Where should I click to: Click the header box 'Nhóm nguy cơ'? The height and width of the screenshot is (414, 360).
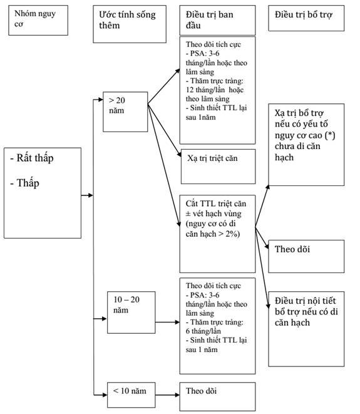38,20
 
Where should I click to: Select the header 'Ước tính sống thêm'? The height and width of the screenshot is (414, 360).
130,24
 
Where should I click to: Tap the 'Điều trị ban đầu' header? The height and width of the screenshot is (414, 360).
217,20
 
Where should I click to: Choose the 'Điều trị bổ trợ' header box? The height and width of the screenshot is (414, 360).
306,18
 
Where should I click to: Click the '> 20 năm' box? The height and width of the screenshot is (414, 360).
125,112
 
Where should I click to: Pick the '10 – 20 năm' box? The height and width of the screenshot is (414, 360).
131,313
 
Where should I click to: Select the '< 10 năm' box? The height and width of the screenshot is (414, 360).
131,395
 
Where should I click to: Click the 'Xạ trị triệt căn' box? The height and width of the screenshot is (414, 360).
219,167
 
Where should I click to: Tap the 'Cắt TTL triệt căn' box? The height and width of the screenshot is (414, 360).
217,234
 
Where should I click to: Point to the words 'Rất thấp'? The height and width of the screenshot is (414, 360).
35,158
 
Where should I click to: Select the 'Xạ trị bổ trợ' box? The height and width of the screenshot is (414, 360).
306,145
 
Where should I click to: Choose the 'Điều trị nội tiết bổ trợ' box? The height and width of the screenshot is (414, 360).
306,329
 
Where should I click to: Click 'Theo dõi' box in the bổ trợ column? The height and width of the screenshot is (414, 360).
306,256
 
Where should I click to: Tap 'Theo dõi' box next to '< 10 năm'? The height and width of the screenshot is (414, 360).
217,396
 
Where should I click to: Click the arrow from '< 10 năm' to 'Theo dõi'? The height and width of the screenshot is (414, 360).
168,395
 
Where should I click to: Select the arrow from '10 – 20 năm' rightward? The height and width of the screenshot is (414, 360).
168,322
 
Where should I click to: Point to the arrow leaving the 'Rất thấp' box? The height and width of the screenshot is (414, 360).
87,195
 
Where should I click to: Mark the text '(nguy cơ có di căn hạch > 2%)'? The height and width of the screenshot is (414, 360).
213,229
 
